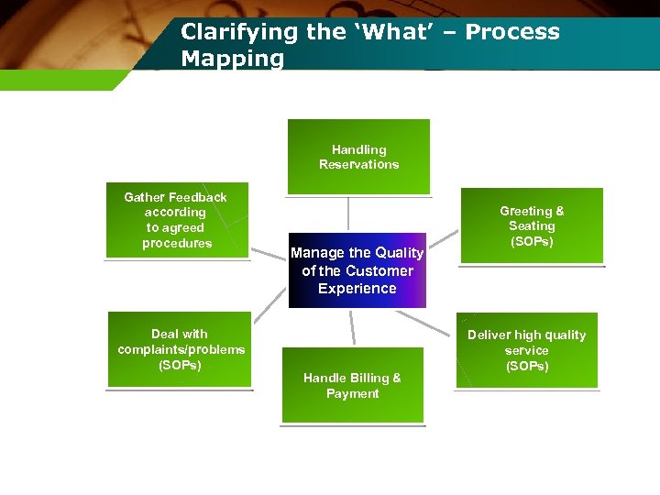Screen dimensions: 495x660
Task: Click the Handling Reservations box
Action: pyautogui.click(x=358, y=157)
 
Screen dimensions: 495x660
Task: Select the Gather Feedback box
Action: pyautogui.click(x=177, y=220)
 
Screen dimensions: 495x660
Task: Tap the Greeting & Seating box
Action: pyautogui.click(x=532, y=225)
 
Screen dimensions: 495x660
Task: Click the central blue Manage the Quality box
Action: pyautogui.click(x=357, y=270)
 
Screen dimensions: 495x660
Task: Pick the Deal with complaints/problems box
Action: pyautogui.click(x=180, y=349)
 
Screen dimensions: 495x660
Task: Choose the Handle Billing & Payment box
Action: pyautogui.click(x=352, y=385)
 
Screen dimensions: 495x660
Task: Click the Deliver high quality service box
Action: pyautogui.click(x=526, y=350)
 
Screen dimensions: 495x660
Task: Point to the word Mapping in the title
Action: pyautogui.click(x=233, y=60)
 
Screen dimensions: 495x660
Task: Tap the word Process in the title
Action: pyautogui.click(x=512, y=32)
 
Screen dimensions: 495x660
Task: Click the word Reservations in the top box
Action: pyautogui.click(x=358, y=165)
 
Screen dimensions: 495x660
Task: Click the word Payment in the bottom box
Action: pyautogui.click(x=352, y=394)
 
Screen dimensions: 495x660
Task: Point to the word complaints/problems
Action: pyautogui.click(x=181, y=349)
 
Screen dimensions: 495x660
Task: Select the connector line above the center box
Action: pyautogui.click(x=348, y=214)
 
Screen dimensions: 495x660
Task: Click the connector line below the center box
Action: pyautogui.click(x=351, y=327)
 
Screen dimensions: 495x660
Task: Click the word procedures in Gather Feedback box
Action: pyautogui.click(x=177, y=243)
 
